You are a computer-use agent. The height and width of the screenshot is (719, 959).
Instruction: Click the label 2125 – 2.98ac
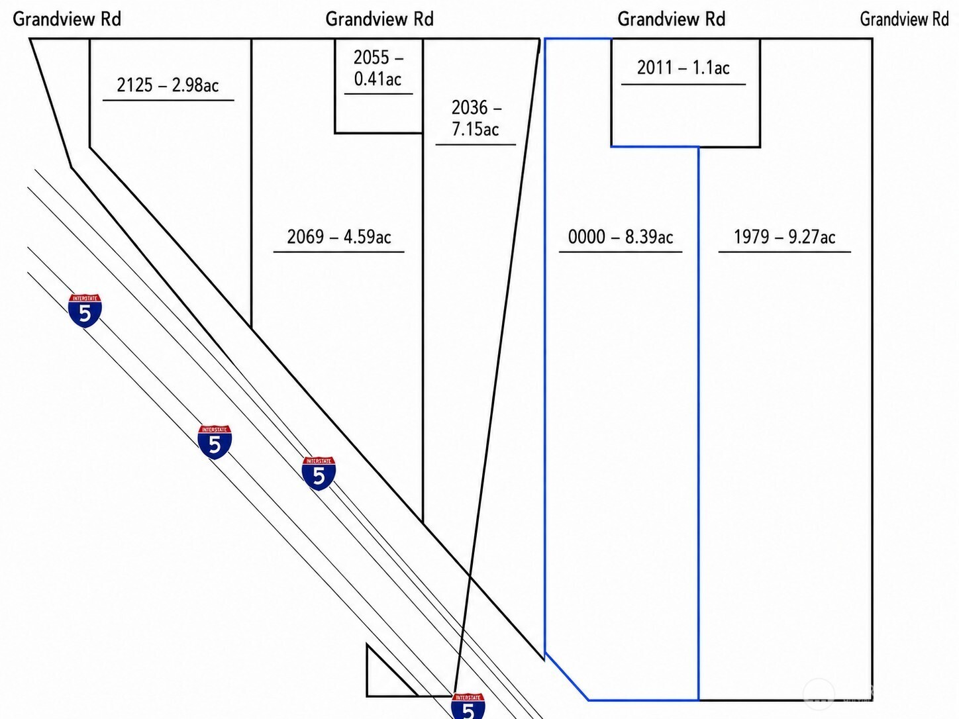click(168, 85)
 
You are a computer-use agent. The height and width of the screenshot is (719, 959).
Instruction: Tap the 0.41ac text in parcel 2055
click(378, 79)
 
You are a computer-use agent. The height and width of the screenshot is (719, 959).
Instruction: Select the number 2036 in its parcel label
click(469, 107)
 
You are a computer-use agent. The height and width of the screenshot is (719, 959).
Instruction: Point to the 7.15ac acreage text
click(476, 129)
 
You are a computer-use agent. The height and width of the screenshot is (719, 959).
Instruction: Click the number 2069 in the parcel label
click(305, 236)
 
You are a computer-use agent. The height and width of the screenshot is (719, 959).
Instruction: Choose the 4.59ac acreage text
click(368, 236)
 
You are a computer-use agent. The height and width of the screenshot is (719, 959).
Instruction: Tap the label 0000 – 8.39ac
click(621, 236)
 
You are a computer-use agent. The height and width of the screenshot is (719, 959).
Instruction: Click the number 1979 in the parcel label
click(752, 236)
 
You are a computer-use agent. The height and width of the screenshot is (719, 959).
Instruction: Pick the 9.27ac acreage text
click(812, 236)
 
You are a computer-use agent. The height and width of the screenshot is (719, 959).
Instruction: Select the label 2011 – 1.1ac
click(683, 68)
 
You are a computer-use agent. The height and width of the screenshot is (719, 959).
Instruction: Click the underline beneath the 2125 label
click(168, 101)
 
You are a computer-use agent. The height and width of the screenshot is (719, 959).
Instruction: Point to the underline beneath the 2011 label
click(683, 84)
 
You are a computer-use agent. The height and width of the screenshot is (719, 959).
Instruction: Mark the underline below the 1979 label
click(785, 252)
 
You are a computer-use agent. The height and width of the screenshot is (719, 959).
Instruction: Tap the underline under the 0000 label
click(621, 252)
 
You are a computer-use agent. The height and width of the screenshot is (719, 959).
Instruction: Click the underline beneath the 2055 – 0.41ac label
click(378, 94)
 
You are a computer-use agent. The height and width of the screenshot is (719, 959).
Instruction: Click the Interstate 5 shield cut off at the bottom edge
click(468, 706)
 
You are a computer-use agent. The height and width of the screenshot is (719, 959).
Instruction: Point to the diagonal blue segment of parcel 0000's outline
click(567, 677)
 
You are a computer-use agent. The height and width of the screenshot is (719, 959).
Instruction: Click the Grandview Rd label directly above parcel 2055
click(379, 19)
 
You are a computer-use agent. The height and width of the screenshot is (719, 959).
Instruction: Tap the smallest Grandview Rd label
click(905, 19)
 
